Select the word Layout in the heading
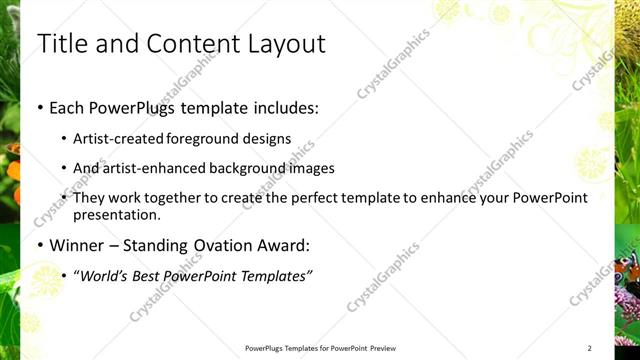pos(282,45)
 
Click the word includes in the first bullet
pos(288,107)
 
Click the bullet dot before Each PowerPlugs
pos(39,107)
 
